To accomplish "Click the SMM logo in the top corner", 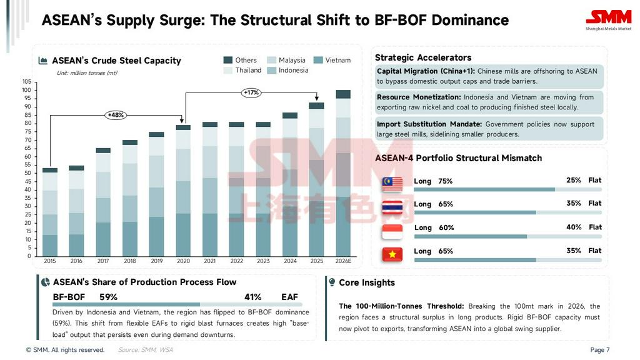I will pyautogui.click(x=608, y=18).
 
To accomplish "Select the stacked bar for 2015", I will pyautogui.click(x=50, y=212).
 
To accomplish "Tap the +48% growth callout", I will pyautogui.click(x=116, y=115).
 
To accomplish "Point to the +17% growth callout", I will pyautogui.click(x=251, y=92).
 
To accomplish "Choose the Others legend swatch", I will pyautogui.click(x=228, y=60).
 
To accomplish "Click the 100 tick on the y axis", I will pyautogui.click(x=26, y=90).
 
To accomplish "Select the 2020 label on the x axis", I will pyautogui.click(x=183, y=261).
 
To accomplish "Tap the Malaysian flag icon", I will pyautogui.click(x=392, y=183).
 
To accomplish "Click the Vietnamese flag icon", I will pyautogui.click(x=392, y=254).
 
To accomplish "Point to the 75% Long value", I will pyautogui.click(x=446, y=181).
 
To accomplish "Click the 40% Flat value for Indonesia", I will pyautogui.click(x=574, y=227).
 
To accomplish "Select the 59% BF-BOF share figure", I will pyautogui.click(x=108, y=297).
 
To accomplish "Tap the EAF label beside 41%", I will pyautogui.click(x=290, y=297).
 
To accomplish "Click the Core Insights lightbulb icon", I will pyautogui.click(x=332, y=282).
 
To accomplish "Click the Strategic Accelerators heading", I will pyautogui.click(x=423, y=57).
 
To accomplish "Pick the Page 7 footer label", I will pyautogui.click(x=599, y=350).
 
